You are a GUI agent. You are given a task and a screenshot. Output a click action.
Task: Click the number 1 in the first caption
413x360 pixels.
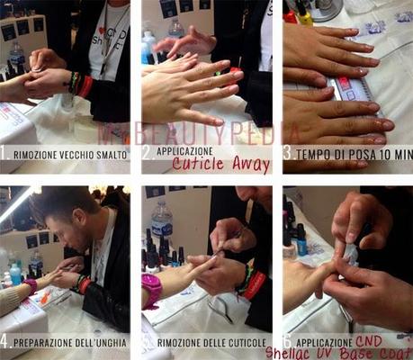pyautogui.click(x=6, y=153)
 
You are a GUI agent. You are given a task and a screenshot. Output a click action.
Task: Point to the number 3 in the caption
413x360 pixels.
pyautogui.click(x=287, y=154)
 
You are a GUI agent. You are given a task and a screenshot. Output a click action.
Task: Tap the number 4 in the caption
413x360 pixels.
pyautogui.click(x=6, y=342)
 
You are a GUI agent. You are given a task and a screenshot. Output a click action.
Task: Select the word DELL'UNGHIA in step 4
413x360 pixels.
pyautogui.click(x=93, y=342)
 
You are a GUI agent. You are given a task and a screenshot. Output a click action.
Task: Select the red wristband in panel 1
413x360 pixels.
pyautogui.click(x=85, y=86)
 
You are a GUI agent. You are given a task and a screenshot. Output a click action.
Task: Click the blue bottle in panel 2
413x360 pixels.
pyautogui.click(x=148, y=49)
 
